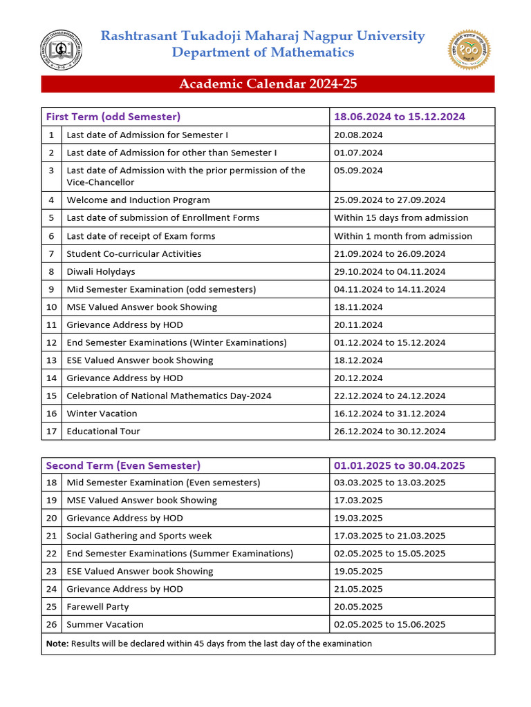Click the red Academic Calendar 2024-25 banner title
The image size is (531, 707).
[268, 84]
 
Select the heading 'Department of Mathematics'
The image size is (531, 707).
[263, 53]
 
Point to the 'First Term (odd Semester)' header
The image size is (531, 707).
[113, 117]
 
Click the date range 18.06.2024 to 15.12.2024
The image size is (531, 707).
[400, 117]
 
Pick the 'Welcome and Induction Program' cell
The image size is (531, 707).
[138, 200]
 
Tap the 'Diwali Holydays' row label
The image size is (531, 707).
[101, 271]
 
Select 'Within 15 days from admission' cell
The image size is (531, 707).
[401, 218]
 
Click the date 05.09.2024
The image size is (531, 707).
[358, 171]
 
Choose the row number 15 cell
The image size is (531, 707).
[51, 396]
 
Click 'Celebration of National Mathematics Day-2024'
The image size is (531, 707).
[169, 396]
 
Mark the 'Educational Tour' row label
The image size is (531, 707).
[103, 432]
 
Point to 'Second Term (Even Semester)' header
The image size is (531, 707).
[123, 465]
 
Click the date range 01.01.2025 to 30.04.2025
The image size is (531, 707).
[400, 465]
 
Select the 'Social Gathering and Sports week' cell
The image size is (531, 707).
[139, 536]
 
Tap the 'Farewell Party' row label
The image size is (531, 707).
[97, 607]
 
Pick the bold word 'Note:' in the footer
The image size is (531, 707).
[57, 643]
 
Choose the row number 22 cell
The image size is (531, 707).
[51, 554]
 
